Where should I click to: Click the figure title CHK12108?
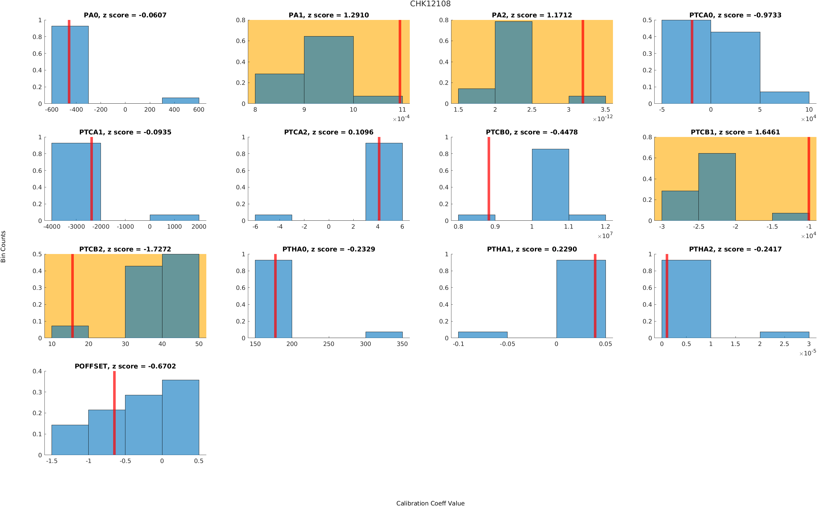coord(430,4)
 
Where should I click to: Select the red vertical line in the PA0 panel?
coord(69,62)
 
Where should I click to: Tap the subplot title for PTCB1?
coord(735,132)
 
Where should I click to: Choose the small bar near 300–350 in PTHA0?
coord(384,335)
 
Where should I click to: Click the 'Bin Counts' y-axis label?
coord(3,246)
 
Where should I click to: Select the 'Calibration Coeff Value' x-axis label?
coord(430,503)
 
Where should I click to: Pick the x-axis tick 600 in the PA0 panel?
coord(199,110)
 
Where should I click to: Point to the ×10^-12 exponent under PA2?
coord(602,118)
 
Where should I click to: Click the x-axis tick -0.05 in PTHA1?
coord(507,344)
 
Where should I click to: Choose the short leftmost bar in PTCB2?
coord(70,332)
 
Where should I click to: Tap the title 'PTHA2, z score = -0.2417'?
coord(735,249)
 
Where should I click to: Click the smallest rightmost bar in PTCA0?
coord(784,98)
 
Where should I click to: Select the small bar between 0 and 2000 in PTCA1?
coord(174,218)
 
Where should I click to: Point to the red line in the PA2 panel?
coord(582,62)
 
